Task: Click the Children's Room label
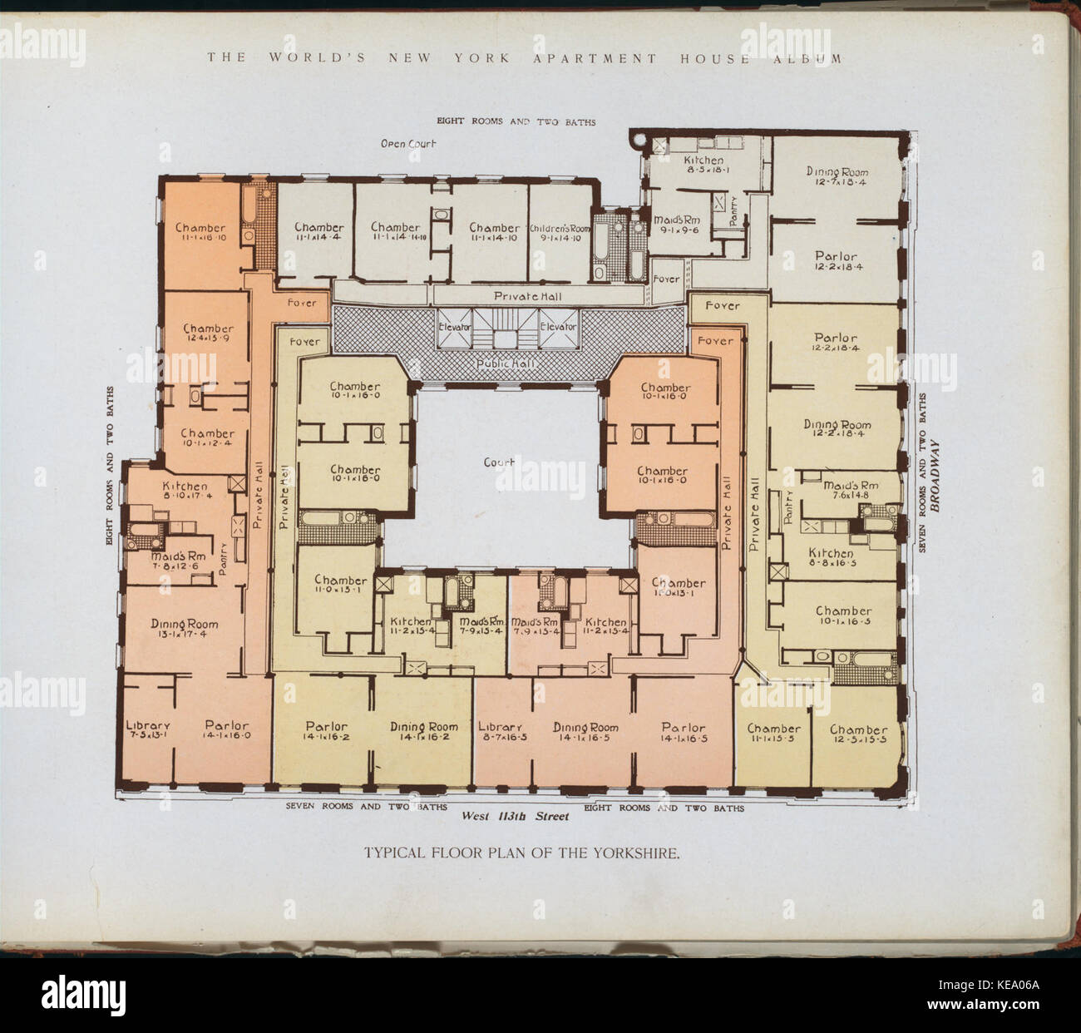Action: tap(560, 227)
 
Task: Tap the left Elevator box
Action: tap(455, 327)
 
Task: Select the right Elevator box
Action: tap(557, 327)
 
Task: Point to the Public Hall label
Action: tap(506, 364)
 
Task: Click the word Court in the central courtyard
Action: tap(499, 462)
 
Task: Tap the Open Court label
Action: tap(408, 144)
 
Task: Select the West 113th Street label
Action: tap(516, 817)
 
